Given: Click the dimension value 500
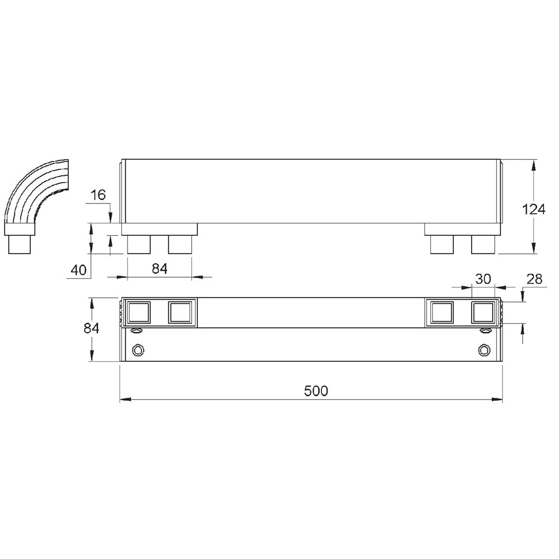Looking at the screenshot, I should (x=316, y=391).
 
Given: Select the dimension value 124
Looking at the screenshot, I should (x=533, y=210).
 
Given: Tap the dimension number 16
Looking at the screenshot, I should (x=98, y=195).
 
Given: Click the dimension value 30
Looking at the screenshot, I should (x=483, y=279).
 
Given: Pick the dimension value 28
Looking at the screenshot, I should (x=534, y=279).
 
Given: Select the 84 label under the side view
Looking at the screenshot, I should (x=160, y=268).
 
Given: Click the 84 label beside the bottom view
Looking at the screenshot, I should (x=92, y=329).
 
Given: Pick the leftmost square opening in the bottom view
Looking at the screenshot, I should (x=139, y=312).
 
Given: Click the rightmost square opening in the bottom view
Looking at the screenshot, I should (x=484, y=312).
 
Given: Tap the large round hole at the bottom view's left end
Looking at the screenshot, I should (x=138, y=350).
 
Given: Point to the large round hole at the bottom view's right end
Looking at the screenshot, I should (x=484, y=350).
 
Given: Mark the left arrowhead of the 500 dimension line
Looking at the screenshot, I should (x=125, y=400).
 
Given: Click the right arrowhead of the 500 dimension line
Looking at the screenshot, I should (x=498, y=400).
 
